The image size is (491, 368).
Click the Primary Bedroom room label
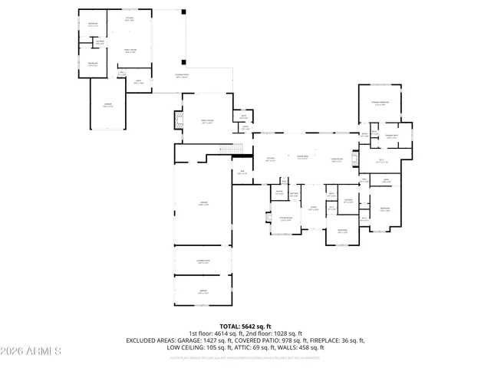point(379,103)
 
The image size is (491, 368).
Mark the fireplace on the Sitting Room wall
point(268,218)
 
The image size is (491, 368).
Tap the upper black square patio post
point(183,12)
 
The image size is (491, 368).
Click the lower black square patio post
point(183,61)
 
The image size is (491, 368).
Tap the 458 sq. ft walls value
point(311,347)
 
